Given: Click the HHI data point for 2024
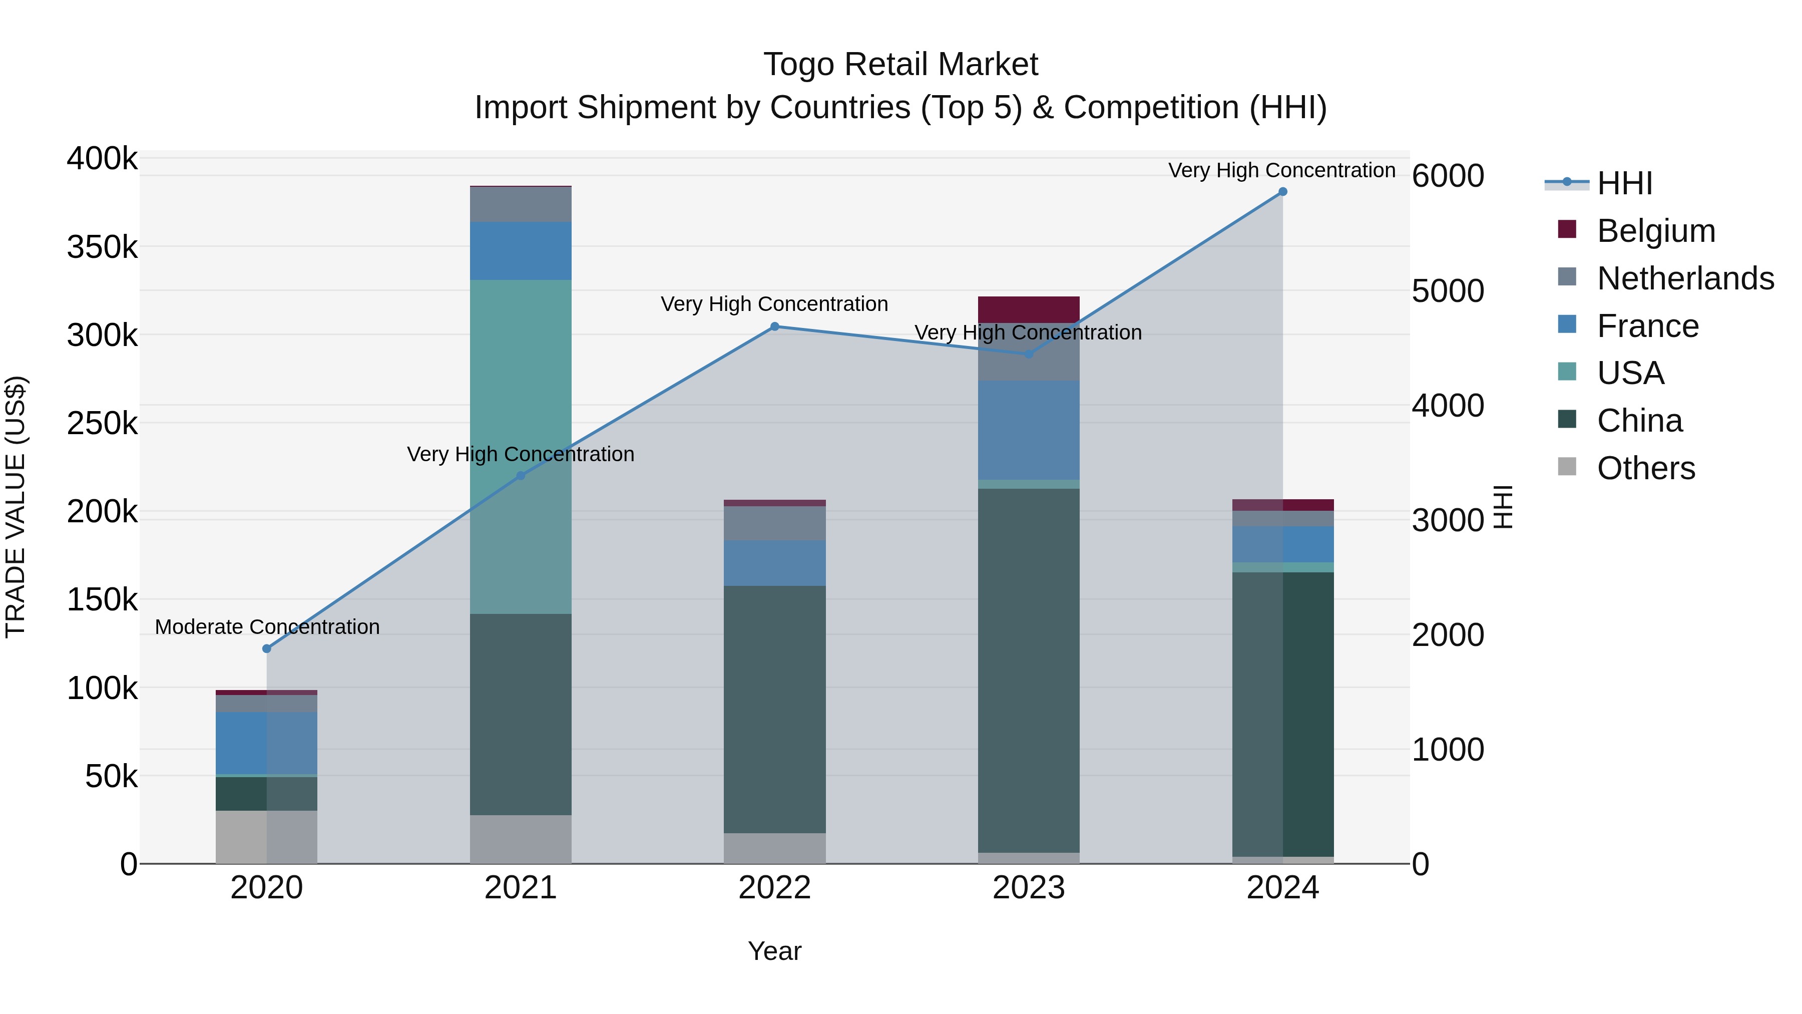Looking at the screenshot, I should [x=1282, y=192].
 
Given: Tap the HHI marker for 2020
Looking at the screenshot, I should [x=266, y=648].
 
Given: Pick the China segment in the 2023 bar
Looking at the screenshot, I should [x=1028, y=670].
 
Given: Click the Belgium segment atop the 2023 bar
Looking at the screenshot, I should [x=1028, y=309].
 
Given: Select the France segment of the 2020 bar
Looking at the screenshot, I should [x=266, y=743].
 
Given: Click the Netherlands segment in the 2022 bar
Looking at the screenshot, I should [x=774, y=523].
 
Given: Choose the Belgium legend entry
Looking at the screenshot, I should [x=1655, y=231].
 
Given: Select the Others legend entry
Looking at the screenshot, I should [x=1645, y=468].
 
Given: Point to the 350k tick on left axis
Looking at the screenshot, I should [x=103, y=247].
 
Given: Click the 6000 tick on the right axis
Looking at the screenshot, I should [x=1447, y=176].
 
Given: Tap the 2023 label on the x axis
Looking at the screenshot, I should [x=1028, y=888].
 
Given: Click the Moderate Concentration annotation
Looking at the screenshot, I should [x=267, y=627].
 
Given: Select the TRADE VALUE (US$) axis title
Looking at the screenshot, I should [x=16, y=507].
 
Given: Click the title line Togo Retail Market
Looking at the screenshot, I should [x=900, y=65].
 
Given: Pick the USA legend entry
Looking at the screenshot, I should [x=1630, y=373].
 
